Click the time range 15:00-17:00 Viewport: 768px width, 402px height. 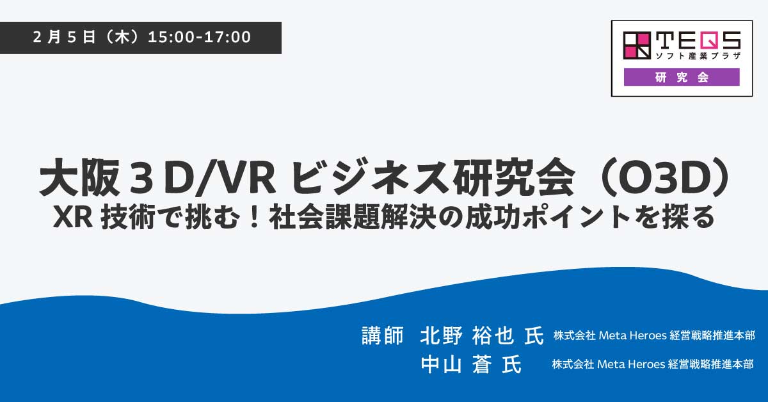click(x=199, y=37)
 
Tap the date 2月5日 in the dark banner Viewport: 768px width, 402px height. click(x=64, y=37)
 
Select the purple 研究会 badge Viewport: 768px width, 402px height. click(x=682, y=77)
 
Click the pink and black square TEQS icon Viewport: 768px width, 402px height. click(x=637, y=45)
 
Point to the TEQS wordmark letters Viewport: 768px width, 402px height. click(x=698, y=40)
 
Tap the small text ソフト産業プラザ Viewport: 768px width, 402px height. click(x=698, y=56)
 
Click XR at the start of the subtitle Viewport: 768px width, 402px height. click(x=73, y=218)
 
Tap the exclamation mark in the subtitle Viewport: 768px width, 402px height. click(x=254, y=217)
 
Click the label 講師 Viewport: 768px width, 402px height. click(x=382, y=335)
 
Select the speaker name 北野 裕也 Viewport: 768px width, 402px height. click(x=467, y=335)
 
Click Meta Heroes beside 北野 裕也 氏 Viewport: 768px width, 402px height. click(x=632, y=335)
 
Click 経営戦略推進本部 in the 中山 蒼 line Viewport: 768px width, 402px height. click(x=710, y=364)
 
